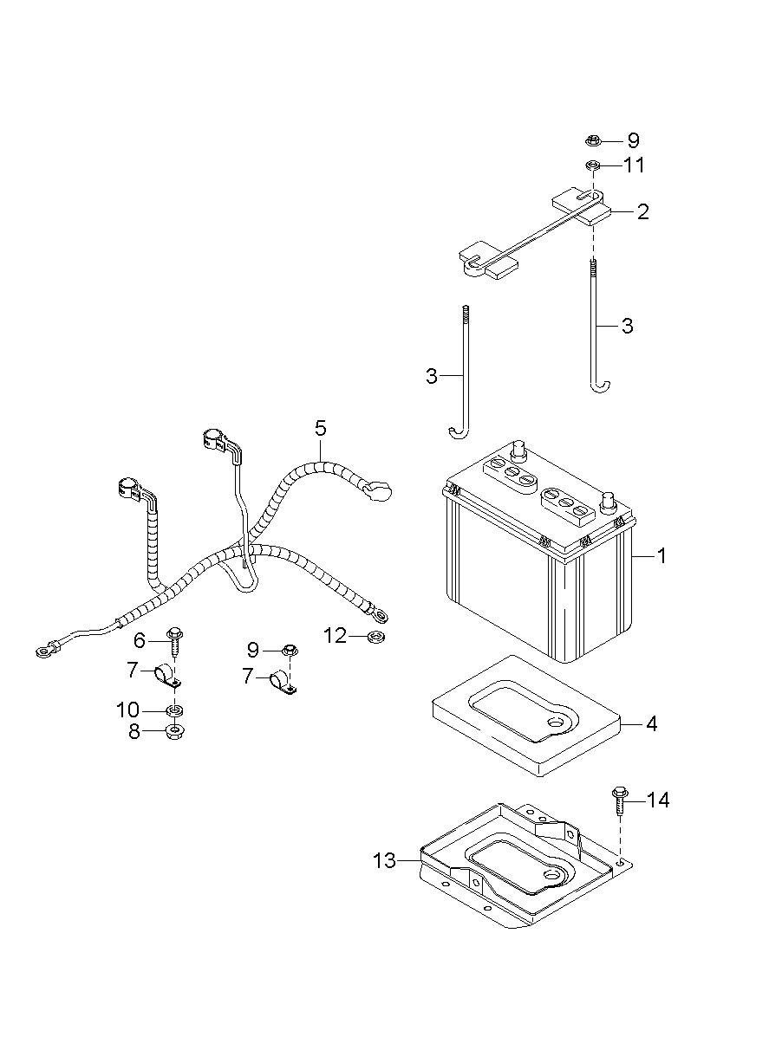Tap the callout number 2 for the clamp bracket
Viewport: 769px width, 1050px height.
[642, 211]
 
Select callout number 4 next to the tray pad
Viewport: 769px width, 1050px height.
[651, 723]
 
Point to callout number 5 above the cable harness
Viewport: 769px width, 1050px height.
[321, 427]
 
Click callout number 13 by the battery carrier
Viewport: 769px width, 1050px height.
[384, 860]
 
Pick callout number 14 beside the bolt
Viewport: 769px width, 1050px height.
[658, 800]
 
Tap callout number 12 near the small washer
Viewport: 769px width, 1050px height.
[335, 637]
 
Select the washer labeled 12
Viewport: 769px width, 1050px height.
[376, 638]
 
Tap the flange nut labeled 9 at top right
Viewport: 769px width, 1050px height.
[593, 139]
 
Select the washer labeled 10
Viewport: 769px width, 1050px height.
[174, 710]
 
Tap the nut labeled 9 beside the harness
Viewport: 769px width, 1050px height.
[290, 649]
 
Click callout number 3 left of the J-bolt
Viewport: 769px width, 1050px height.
[432, 376]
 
